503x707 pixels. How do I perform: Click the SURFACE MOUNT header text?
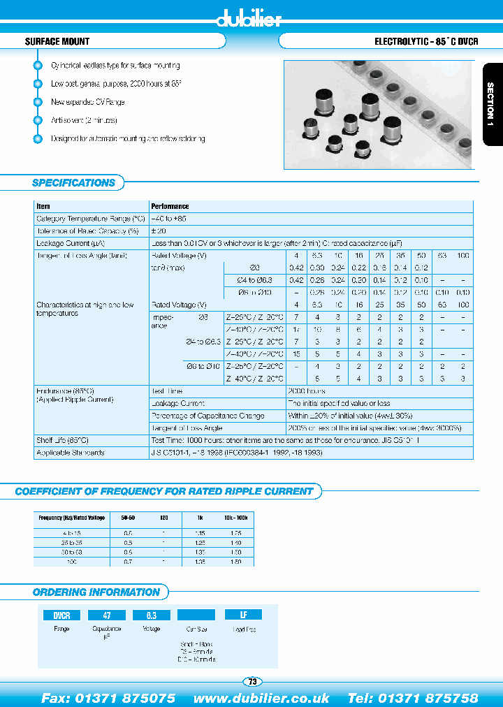click(57, 42)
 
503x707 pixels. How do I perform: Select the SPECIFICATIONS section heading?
click(73, 183)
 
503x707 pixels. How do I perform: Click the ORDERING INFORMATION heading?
click(96, 592)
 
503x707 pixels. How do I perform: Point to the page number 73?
click(251, 682)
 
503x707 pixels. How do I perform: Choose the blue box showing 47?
click(107, 615)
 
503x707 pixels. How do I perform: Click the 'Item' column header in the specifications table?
click(43, 207)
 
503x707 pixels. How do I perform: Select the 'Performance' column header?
click(170, 207)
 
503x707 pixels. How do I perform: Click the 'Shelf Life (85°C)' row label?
click(62, 440)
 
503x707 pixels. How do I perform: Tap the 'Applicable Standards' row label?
click(70, 453)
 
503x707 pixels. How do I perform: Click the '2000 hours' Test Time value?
click(305, 391)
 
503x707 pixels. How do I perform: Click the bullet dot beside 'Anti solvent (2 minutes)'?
click(38, 120)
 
